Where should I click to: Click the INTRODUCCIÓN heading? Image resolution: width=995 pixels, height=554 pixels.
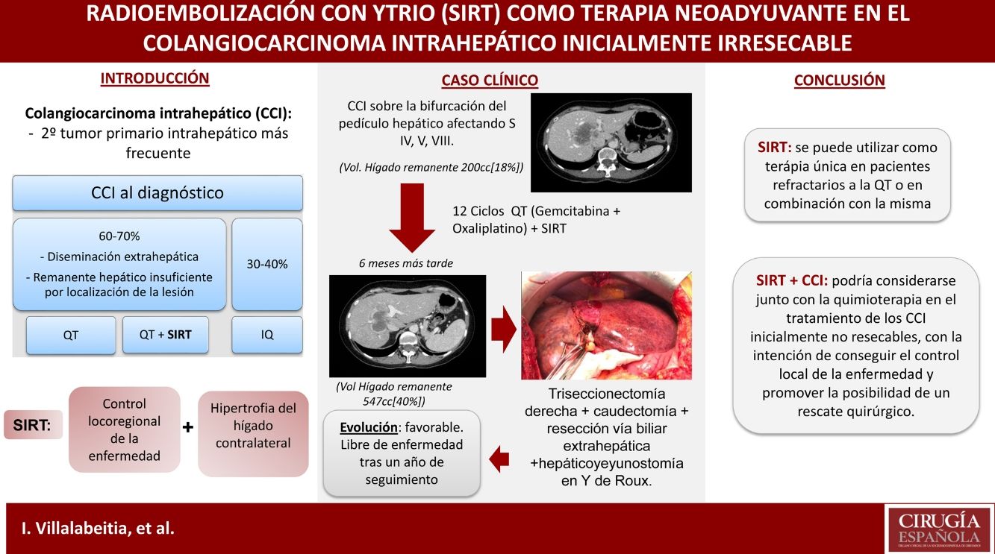click(x=155, y=78)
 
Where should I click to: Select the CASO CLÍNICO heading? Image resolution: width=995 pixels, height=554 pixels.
click(x=490, y=81)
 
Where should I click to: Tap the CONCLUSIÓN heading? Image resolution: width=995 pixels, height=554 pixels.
click(x=839, y=81)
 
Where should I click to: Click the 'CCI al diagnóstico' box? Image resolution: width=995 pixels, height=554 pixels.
click(x=157, y=193)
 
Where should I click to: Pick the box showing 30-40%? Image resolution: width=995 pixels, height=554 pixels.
click(x=267, y=265)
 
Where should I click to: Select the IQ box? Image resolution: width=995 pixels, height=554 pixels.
click(x=267, y=335)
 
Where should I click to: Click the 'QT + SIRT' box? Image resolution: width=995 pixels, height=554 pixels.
click(x=165, y=335)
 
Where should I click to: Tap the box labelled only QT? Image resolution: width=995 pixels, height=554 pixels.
click(x=71, y=335)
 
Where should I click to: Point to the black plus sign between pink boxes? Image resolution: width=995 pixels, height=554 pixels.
click(x=188, y=427)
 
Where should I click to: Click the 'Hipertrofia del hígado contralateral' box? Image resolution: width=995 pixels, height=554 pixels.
click(x=253, y=434)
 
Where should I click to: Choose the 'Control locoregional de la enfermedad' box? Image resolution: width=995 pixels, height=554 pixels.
click(x=125, y=429)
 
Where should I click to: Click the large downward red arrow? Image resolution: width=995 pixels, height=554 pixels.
click(x=412, y=217)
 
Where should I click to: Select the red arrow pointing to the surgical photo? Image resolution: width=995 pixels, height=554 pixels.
click(x=504, y=329)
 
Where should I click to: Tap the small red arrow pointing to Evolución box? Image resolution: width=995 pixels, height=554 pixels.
click(x=499, y=459)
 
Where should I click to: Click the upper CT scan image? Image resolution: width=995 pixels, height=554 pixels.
click(x=611, y=142)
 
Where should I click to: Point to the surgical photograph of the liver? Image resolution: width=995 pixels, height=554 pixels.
click(x=606, y=326)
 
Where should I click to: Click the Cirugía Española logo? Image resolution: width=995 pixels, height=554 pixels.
click(x=939, y=528)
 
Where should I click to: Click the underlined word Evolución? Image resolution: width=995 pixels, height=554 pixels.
click(x=369, y=427)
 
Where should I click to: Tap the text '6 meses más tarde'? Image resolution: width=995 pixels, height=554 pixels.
click(x=406, y=263)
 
